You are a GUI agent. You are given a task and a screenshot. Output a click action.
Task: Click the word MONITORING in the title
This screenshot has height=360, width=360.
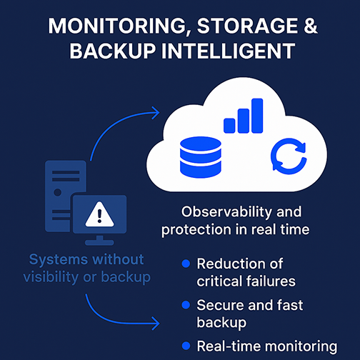(116, 26)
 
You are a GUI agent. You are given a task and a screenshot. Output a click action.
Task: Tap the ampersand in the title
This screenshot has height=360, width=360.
(310, 26)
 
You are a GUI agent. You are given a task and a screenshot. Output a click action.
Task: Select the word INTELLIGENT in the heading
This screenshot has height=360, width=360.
(228, 51)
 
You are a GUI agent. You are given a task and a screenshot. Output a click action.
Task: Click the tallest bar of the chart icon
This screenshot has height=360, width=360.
(257, 116)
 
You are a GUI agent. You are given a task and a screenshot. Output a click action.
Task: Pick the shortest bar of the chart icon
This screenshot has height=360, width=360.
(229, 126)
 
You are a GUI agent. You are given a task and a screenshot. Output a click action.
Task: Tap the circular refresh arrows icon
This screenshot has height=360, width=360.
(289, 156)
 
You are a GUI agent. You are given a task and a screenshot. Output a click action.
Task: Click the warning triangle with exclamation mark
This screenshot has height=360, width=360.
(99, 214)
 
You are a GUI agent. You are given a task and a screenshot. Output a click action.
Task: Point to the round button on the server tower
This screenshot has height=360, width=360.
(57, 192)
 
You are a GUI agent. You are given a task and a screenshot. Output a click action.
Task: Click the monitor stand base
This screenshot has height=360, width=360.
(99, 243)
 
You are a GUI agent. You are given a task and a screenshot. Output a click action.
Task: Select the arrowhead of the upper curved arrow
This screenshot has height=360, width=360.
(156, 113)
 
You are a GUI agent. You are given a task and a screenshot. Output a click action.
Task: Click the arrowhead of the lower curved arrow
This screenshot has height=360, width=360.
(156, 324)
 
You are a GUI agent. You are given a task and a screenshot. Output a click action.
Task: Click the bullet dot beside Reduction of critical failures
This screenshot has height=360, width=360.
(186, 264)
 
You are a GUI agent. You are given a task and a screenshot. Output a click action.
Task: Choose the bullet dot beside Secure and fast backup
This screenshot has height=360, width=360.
(186, 305)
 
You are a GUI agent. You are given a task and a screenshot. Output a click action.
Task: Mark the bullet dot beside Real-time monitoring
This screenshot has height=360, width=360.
(186, 346)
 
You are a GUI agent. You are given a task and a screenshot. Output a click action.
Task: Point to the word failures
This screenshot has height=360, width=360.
(271, 281)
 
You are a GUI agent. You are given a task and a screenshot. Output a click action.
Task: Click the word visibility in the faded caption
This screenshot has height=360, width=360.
(51, 277)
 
